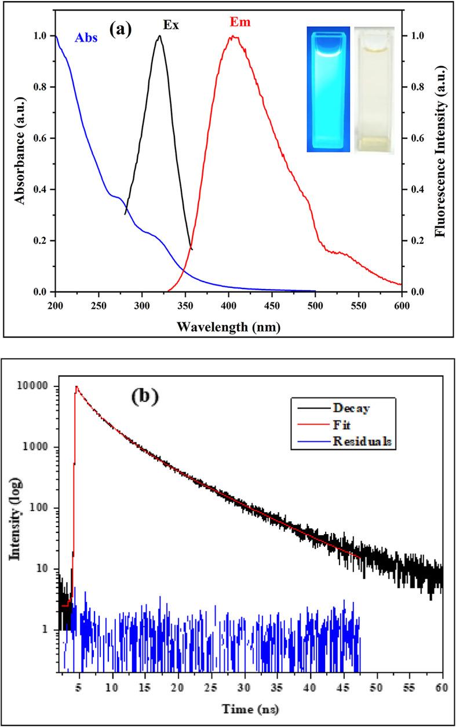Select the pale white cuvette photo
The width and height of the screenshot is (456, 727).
[x=374, y=90]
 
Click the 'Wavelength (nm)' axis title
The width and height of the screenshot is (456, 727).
[x=229, y=326]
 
